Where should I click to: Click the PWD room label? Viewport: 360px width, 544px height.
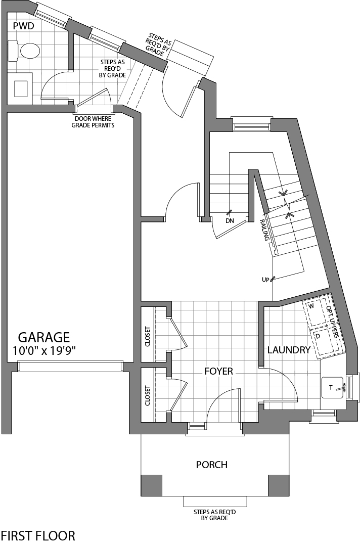tap(23, 26)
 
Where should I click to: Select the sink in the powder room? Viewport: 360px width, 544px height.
tap(21, 87)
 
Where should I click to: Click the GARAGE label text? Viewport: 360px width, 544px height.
tap(44, 337)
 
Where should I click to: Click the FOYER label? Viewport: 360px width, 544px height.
tap(218, 371)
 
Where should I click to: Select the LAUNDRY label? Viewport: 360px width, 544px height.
tap(288, 350)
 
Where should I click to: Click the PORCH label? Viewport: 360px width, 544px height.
tap(212, 465)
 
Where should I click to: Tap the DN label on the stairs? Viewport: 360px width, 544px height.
tap(230, 221)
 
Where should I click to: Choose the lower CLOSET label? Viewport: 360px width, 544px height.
tap(148, 396)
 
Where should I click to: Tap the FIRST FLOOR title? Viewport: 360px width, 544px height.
tap(38, 535)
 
